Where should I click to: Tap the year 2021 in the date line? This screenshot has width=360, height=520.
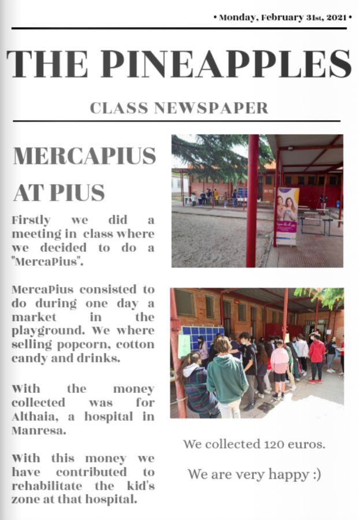(x=336, y=17)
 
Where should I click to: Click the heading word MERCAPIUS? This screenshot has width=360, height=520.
(x=84, y=156)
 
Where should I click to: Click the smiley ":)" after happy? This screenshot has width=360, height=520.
(x=314, y=475)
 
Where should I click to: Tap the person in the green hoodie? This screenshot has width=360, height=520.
(x=227, y=378)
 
